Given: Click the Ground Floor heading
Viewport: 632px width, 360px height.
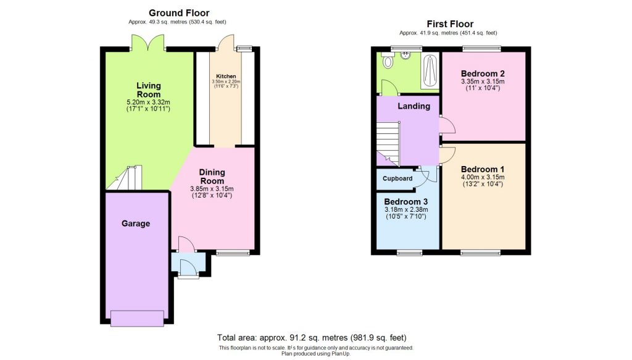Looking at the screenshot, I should tap(179, 13).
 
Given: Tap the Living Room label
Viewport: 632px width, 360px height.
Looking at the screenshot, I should tap(149, 90).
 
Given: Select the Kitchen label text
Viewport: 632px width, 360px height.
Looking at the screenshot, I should tap(225, 76).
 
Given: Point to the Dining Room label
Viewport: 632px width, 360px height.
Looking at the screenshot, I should tap(212, 177).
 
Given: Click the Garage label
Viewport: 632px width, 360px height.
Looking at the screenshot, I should tap(135, 224).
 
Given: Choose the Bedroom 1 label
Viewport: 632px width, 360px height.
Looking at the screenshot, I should tap(483, 169).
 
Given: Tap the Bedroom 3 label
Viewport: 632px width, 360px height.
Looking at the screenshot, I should tap(405, 202).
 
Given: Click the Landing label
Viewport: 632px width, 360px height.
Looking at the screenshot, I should tap(414, 106).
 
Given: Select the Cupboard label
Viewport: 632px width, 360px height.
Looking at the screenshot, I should tap(397, 178).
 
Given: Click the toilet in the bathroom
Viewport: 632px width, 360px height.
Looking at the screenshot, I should tap(388, 61).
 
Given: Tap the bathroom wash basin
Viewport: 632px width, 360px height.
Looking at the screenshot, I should tap(406, 54).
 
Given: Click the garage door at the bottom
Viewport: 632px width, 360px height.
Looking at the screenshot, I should tap(137, 317).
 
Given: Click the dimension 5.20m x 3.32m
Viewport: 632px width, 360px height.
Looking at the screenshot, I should tap(149, 102).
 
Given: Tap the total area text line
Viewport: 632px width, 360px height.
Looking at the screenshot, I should tap(312, 338).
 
